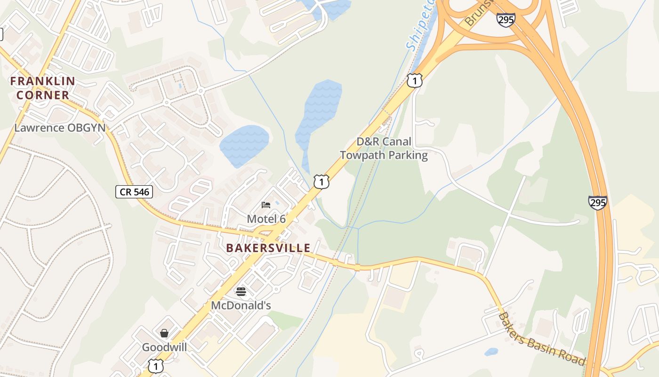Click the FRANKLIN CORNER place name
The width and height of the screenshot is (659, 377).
[x=42, y=88]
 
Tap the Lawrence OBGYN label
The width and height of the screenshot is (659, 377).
[x=60, y=128]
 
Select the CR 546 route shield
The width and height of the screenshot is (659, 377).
[x=134, y=191]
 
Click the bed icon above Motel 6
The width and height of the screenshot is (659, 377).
[x=266, y=205]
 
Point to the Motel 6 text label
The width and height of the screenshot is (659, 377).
[x=266, y=219]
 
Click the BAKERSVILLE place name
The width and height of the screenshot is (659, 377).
[x=268, y=248]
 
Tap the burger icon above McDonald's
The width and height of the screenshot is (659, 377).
[x=241, y=292]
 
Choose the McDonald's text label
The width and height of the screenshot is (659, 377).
[x=241, y=305]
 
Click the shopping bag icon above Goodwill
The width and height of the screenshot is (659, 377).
[x=164, y=333]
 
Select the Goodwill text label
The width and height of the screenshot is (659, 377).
[x=165, y=347]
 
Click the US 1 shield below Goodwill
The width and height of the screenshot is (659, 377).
[x=156, y=366]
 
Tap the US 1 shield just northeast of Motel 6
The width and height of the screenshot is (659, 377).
[x=321, y=181]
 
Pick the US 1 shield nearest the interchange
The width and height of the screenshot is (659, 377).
[x=414, y=81]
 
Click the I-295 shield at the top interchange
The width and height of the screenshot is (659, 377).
[x=506, y=19]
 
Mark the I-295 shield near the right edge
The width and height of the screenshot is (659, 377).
[x=597, y=203]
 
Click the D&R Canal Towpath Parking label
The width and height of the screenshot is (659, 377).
[x=384, y=148]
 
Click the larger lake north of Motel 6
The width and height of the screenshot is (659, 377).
[x=318, y=118]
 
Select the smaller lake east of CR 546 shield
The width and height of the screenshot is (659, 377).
[x=244, y=145]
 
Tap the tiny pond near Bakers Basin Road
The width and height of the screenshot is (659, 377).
[x=491, y=352]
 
